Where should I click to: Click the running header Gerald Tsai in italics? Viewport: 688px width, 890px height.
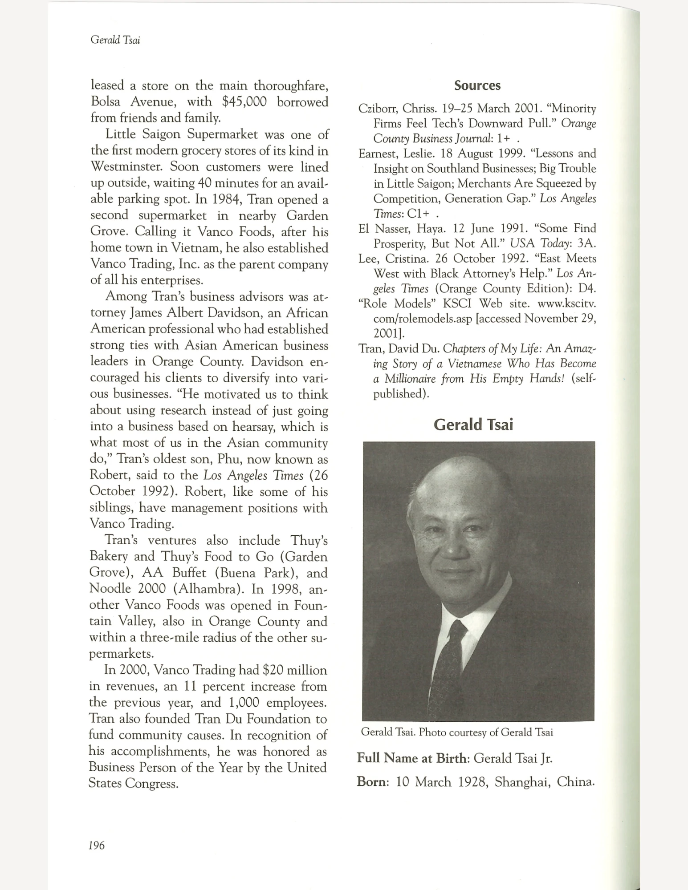[x=115, y=40]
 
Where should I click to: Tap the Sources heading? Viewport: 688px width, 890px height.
[x=477, y=85]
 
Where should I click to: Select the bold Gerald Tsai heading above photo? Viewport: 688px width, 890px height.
[x=473, y=425]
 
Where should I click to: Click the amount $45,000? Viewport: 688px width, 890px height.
[x=244, y=102]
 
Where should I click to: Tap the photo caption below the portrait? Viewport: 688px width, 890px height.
[x=457, y=732]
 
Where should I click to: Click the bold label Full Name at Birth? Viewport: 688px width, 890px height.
[x=413, y=758]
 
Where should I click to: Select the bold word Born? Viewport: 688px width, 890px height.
[x=372, y=782]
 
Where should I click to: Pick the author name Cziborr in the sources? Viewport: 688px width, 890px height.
[x=378, y=109]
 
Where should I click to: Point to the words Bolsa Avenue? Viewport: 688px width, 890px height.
[x=127, y=102]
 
